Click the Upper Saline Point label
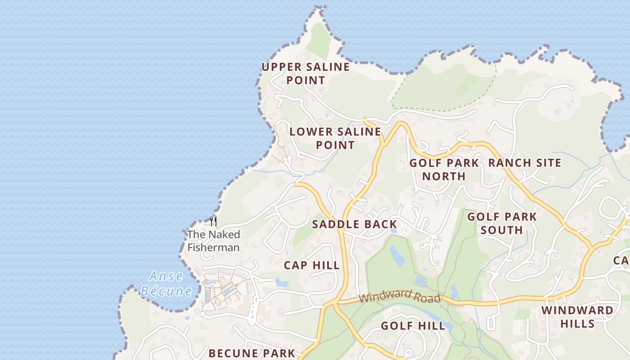[x=306, y=74]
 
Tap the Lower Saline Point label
[x=335, y=138]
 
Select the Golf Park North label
[x=444, y=169]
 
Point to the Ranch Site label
[x=525, y=163]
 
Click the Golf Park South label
[x=502, y=223]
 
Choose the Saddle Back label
[x=355, y=224]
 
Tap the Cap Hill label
[x=312, y=265]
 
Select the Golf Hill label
[x=413, y=326]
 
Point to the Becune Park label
[x=252, y=353]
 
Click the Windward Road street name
[x=400, y=296]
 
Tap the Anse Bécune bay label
[x=166, y=283]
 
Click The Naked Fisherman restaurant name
[x=213, y=241]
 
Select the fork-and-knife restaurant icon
[x=213, y=221]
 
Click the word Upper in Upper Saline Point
[x=281, y=67]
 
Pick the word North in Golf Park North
[x=444, y=176]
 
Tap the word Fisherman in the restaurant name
[x=213, y=247]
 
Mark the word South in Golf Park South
[x=502, y=230]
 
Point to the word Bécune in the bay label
[x=166, y=291]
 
